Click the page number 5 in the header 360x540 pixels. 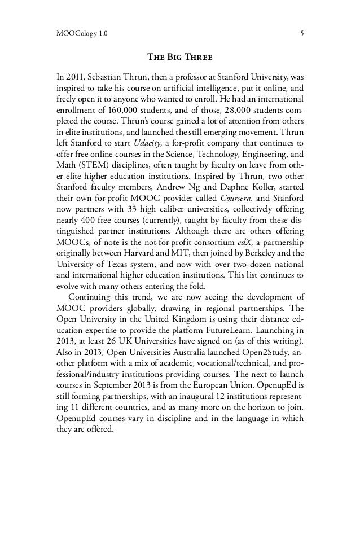click(302, 33)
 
